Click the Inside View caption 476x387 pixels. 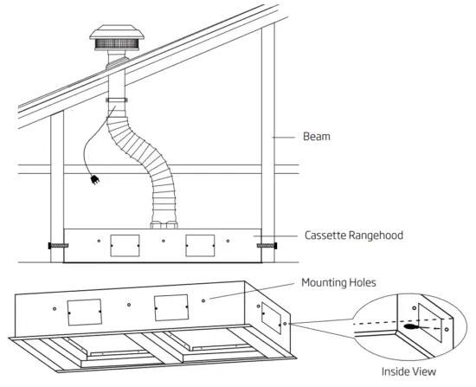click(x=410, y=373)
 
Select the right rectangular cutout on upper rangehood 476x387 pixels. click(x=200, y=245)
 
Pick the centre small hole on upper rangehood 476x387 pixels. click(x=163, y=241)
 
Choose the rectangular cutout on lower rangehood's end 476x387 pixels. click(x=272, y=317)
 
